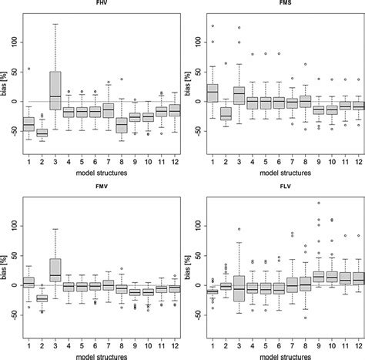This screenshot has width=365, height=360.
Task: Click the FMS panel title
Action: [x=279, y=5]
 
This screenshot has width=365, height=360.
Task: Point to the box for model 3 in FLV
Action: [x=239, y=288]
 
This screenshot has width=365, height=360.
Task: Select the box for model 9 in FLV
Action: [x=319, y=276]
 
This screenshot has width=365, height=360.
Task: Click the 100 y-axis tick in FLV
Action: [x=194, y=226]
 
